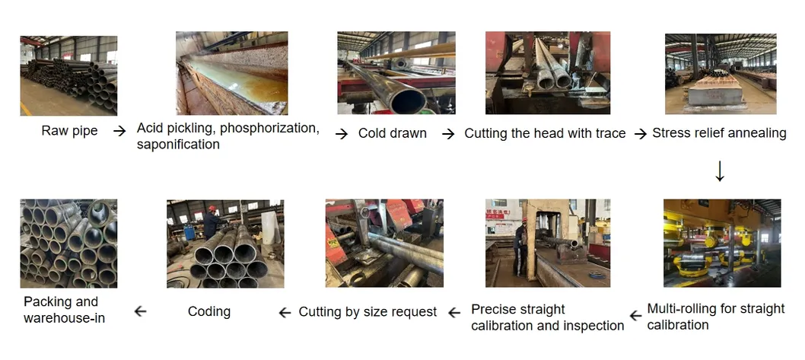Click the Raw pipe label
tap(69, 130)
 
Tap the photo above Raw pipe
tap(68, 75)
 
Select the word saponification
tap(178, 145)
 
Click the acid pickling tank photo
tap(231, 73)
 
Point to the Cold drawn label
tap(393, 133)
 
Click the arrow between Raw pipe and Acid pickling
tap(119, 131)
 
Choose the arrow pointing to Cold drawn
tap(342, 134)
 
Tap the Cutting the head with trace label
tap(545, 133)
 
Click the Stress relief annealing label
tap(719, 133)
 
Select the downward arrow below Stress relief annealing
tap(720, 171)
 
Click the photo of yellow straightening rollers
tap(722, 243)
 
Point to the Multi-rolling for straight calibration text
tap(716, 317)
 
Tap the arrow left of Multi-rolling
tap(635, 315)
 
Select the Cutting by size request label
tap(367, 312)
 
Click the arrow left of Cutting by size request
tap(285, 312)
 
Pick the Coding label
tap(209, 312)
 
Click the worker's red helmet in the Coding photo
tap(212, 209)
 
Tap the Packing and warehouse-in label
tap(64, 310)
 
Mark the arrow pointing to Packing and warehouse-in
tap(140, 311)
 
